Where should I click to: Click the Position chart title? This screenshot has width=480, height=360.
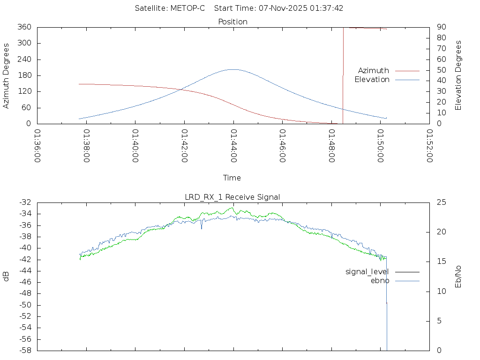click(232, 22)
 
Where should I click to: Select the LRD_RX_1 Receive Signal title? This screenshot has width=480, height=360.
click(232, 197)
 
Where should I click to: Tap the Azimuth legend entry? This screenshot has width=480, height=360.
click(374, 71)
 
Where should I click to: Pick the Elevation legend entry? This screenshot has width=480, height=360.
click(372, 80)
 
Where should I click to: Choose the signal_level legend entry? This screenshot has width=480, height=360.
click(367, 272)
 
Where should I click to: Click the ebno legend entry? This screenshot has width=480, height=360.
click(380, 281)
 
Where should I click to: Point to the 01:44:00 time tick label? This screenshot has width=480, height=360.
click(233, 146)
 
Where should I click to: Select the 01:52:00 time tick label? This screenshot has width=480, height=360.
click(429, 146)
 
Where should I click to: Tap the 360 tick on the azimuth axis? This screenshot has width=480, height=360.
click(24, 27)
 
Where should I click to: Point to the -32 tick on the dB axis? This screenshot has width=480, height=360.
click(25, 202)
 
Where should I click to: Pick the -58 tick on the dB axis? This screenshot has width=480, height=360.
click(25, 351)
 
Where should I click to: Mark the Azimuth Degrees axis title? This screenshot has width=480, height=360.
click(6, 75)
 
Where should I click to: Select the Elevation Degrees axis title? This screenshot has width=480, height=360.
click(458, 75)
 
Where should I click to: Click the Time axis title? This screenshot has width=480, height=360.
click(232, 178)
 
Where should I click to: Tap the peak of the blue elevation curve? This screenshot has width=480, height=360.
click(233, 69)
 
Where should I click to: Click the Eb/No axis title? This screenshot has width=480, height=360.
click(458, 276)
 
